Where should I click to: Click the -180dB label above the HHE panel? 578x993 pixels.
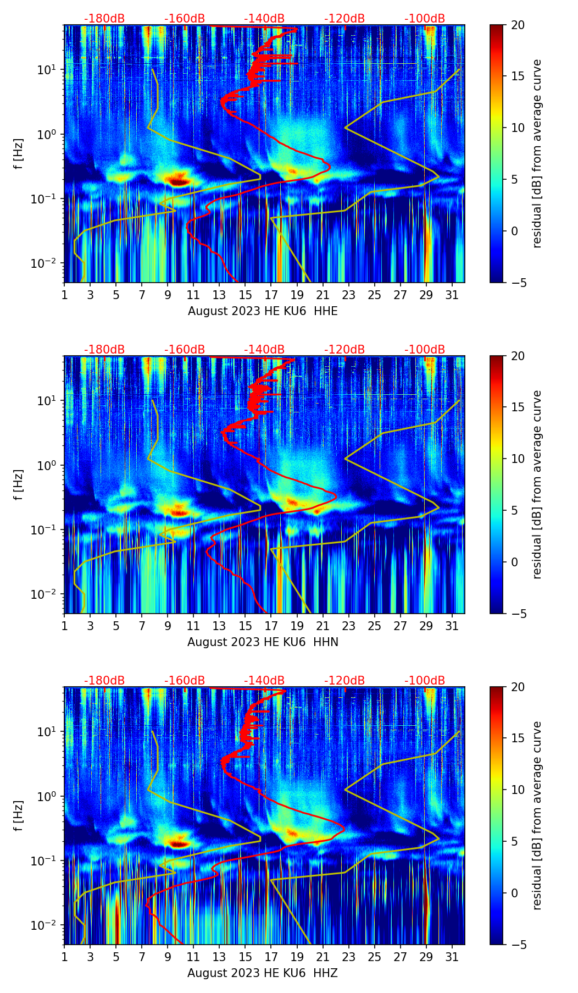pos(104,19)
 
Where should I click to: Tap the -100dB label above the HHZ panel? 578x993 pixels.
pos(425,681)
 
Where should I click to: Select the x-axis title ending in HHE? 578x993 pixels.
pos(263,311)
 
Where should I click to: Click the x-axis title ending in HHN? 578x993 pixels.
pos(263,642)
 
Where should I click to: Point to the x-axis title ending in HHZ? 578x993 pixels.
pos(263,973)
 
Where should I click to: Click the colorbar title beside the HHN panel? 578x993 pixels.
pos(537,484)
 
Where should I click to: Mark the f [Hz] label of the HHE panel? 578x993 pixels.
pos(19,154)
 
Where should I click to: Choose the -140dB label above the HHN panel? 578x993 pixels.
pos(264,350)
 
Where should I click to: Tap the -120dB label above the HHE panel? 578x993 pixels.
pos(344,19)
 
